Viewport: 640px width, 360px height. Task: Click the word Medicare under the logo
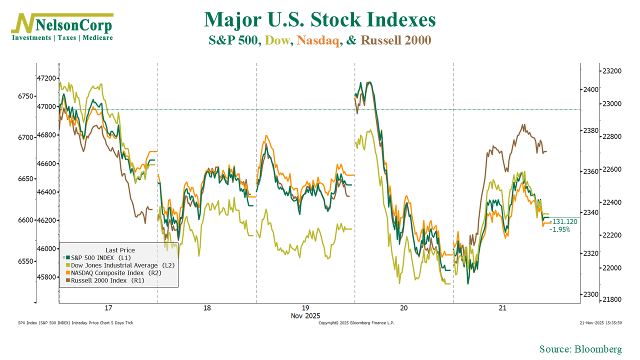pyautogui.click(x=97, y=38)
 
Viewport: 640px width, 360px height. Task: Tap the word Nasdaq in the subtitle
pyautogui.click(x=317, y=40)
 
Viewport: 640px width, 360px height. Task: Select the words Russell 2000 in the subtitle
pyautogui.click(x=395, y=40)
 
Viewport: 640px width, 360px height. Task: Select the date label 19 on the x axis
pyautogui.click(x=305, y=308)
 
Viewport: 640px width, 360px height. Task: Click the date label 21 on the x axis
pyautogui.click(x=502, y=308)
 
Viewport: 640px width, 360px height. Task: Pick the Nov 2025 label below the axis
pyautogui.click(x=305, y=316)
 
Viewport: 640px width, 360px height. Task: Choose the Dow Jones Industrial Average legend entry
pyautogui.click(x=122, y=265)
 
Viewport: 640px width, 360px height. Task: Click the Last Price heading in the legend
pyautogui.click(x=120, y=250)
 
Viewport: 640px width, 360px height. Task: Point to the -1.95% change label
pyautogui.click(x=559, y=229)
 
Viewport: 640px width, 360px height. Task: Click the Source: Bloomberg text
pyautogui.click(x=580, y=349)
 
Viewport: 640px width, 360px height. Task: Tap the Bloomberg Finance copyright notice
pyautogui.click(x=356, y=323)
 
